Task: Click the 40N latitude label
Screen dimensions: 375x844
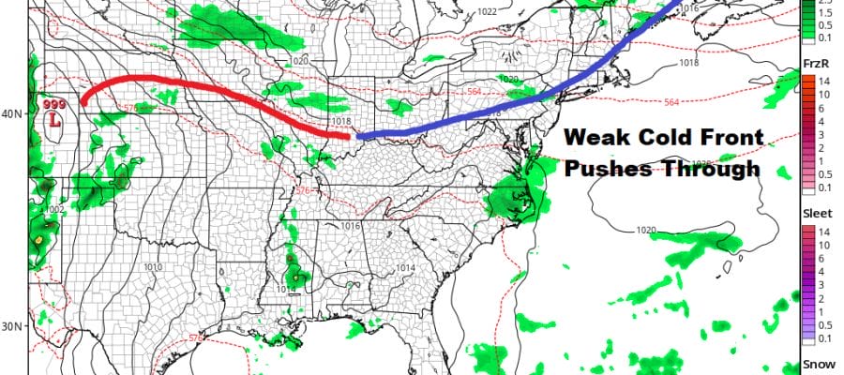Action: [x=12, y=114]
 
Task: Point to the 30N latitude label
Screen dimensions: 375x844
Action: [x=12, y=326]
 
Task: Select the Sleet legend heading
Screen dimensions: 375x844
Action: [x=814, y=214]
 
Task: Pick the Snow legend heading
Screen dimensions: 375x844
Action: [x=814, y=363]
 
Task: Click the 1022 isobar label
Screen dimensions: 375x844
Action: [x=486, y=12]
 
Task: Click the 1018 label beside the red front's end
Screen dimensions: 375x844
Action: [x=340, y=123]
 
